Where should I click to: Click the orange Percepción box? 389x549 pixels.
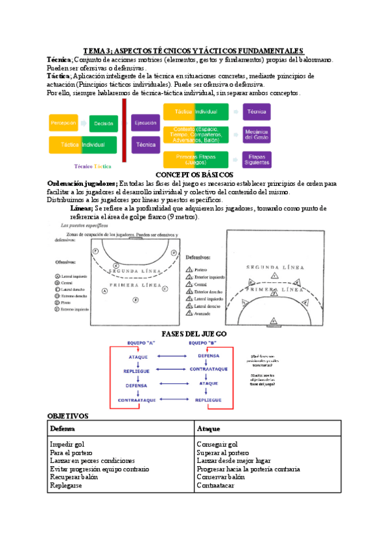64,123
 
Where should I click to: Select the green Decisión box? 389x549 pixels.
103,123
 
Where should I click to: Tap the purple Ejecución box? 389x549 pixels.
145,122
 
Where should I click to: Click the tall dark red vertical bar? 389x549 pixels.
123,133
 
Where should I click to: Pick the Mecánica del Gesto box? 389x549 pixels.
257,135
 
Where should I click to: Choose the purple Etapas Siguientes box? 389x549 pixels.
257,159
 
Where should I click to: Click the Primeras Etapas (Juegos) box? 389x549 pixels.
195,159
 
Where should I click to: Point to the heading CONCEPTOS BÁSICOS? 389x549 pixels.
194,175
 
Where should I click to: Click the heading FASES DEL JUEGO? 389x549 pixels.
194,333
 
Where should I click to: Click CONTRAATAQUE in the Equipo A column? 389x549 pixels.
136,400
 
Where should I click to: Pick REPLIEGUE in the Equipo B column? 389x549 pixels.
209,400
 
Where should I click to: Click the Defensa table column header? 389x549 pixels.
63,429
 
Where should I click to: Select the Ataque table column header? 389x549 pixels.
209,429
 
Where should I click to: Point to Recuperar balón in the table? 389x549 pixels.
75,476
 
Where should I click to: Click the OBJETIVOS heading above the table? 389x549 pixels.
68,416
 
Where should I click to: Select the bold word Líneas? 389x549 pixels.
81,209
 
